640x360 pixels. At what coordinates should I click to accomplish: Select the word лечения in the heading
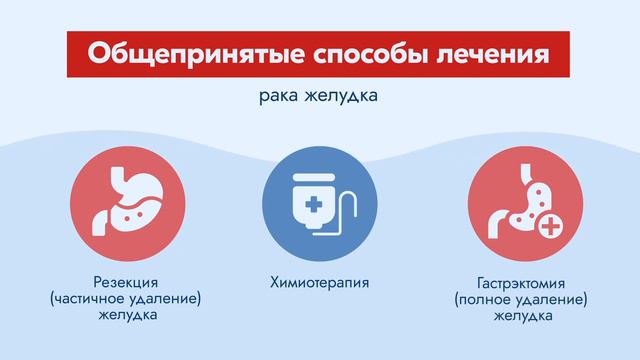point(497,52)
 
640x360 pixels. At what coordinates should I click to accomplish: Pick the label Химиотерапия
point(319,283)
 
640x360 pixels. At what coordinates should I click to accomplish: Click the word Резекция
point(119,282)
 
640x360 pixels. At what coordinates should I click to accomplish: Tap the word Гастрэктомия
point(520,283)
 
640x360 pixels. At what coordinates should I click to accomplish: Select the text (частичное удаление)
point(119,299)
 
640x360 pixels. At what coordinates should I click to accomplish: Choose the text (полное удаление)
point(520,299)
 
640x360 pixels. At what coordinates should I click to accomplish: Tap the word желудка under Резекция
point(119,315)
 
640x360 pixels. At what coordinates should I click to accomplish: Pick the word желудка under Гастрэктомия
point(520,315)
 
